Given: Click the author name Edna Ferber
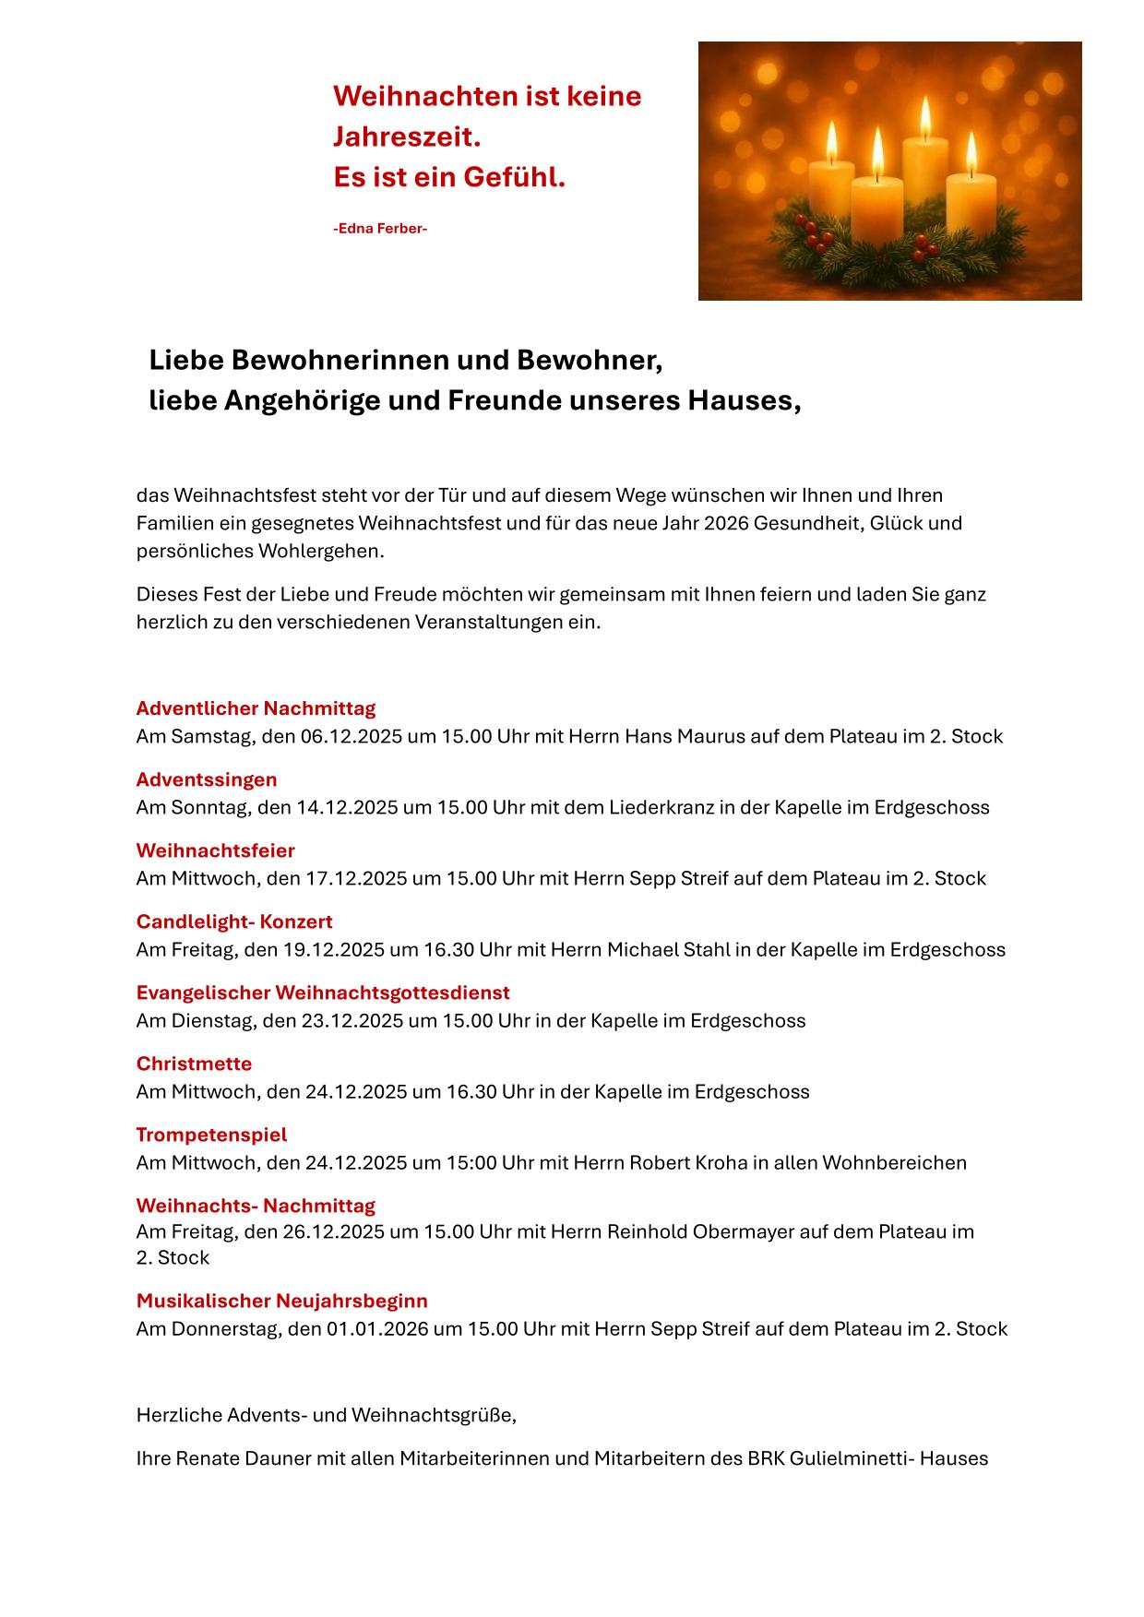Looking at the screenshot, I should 379,228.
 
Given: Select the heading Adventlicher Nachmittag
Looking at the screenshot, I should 256,708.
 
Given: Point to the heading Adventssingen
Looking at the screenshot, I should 207,779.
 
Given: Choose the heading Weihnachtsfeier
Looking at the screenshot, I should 215,850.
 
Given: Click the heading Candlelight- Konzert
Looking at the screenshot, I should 234,921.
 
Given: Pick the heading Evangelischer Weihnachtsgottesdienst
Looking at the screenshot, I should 323,993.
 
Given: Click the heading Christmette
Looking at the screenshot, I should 194,1064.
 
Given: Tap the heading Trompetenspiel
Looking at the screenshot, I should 211,1135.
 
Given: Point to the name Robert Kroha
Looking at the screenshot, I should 687,1162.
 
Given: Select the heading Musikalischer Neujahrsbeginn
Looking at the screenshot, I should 281,1301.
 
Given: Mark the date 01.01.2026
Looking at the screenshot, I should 376,1328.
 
